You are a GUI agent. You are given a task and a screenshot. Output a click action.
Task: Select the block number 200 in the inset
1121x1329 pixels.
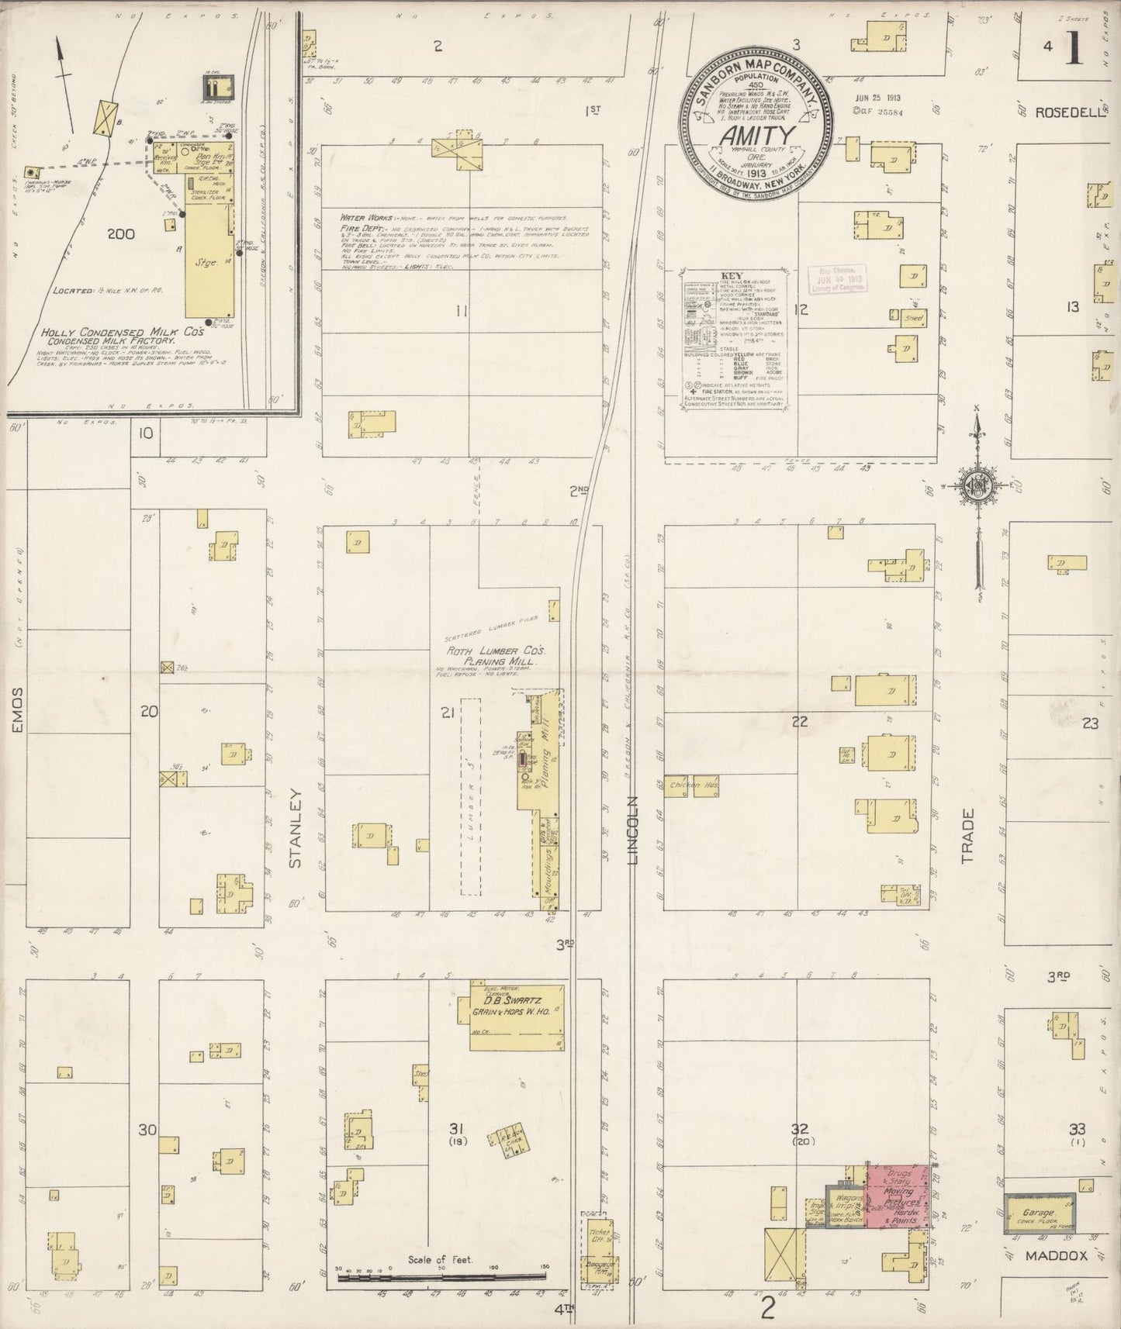(121, 233)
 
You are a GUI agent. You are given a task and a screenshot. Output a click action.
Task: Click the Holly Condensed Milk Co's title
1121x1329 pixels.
(123, 332)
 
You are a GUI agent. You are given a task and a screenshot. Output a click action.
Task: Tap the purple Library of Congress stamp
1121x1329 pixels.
(837, 278)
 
